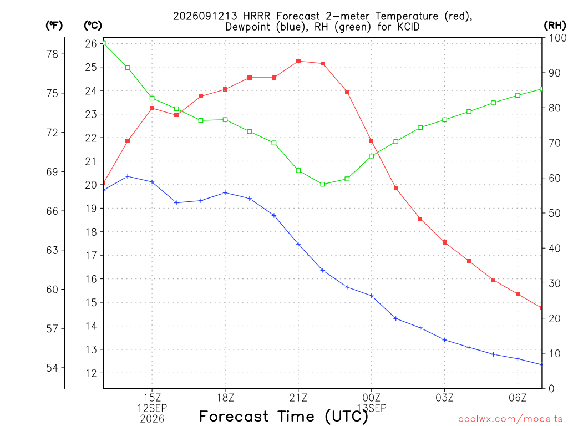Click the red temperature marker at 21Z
pyautogui.click(x=298, y=61)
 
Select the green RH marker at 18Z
pyautogui.click(x=225, y=120)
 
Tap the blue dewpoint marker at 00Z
pyautogui.click(x=371, y=296)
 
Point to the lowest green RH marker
pyautogui.click(x=323, y=184)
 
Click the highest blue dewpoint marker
pyautogui.click(x=128, y=176)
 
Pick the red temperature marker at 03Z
pyautogui.click(x=444, y=242)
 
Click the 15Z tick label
pyautogui.click(x=152, y=398)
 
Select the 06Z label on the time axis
pyautogui.click(x=518, y=398)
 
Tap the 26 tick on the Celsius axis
pyautogui.click(x=91, y=43)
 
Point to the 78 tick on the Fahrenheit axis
pyautogui.click(x=53, y=54)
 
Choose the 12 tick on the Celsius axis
pyautogui.click(x=91, y=373)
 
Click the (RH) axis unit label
pyautogui.click(x=555, y=25)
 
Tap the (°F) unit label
pyautogui.click(x=54, y=25)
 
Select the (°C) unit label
pyautogui.click(x=93, y=25)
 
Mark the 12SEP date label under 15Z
pyautogui.click(x=152, y=408)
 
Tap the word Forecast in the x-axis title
pyautogui.click(x=234, y=416)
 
